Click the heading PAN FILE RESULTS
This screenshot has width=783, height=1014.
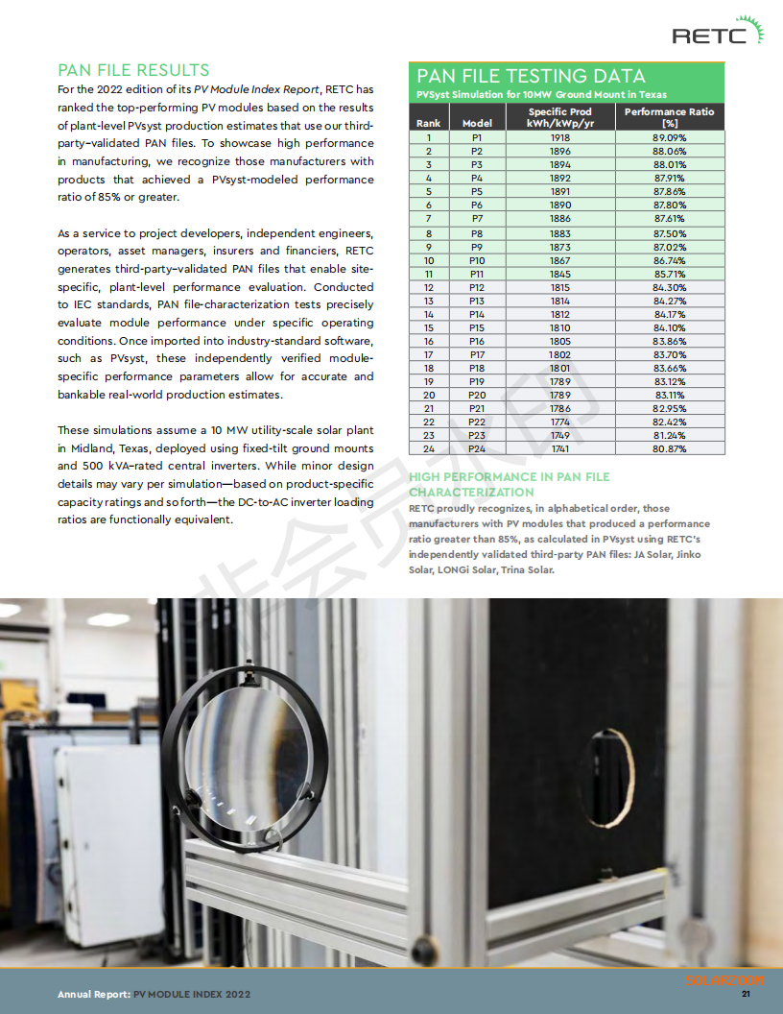[133, 70]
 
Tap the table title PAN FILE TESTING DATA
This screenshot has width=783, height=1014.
[530, 76]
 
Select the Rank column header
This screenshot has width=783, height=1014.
[429, 123]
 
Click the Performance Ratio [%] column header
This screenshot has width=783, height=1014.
[669, 117]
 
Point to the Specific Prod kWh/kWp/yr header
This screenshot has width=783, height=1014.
[560, 117]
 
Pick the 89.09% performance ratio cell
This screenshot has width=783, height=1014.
[669, 137]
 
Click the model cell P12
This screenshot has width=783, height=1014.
[477, 287]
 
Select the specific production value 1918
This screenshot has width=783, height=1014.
[560, 137]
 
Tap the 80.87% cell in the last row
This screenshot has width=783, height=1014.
[669, 448]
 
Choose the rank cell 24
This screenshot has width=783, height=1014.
[429, 448]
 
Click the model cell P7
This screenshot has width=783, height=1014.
[477, 219]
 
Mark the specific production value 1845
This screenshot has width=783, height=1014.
[560, 274]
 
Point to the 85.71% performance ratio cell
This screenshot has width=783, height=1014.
[669, 274]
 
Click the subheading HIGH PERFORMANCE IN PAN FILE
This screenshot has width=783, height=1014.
[509, 476]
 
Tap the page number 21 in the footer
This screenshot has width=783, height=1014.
[746, 994]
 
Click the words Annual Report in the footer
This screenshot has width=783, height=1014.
[92, 994]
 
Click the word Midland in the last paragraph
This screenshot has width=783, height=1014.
[78, 448]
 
